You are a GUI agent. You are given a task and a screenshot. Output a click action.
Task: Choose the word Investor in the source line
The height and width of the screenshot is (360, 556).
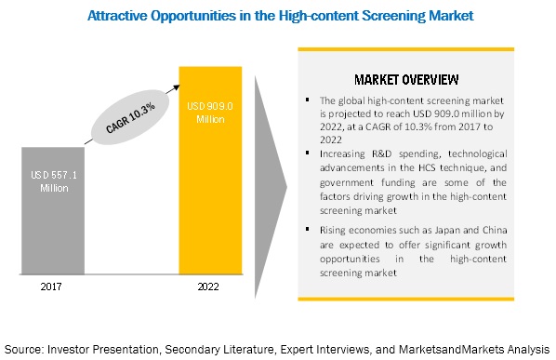click(77, 347)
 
